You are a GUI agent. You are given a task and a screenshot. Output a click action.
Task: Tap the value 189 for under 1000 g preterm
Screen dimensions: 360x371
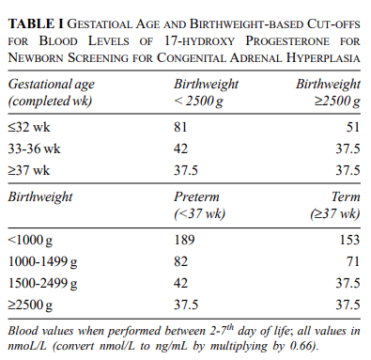(185, 241)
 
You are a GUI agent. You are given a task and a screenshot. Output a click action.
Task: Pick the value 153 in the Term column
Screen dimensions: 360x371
(350, 241)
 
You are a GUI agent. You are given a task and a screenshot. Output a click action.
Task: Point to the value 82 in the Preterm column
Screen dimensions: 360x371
(181, 262)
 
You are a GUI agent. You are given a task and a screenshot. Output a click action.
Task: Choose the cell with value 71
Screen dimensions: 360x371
(354, 262)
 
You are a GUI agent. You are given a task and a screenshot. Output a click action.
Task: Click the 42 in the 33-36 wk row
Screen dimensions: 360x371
(181, 149)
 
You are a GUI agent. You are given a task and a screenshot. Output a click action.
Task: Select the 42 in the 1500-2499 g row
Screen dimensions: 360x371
(181, 283)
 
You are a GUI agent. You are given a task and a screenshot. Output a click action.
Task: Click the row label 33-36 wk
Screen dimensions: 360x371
(35, 149)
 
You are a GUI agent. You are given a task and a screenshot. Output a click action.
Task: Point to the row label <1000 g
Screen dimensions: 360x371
(31, 241)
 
